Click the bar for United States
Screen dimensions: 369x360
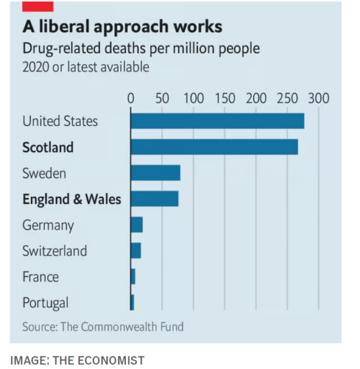coord(217,121)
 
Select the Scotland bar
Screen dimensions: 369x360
coord(214,147)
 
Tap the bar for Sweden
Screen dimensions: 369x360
coord(155,173)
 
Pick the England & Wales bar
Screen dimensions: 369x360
coord(154,199)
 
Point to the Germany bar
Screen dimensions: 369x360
coord(137,225)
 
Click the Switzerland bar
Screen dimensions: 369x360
coord(136,250)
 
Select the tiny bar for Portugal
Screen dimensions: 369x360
coord(132,302)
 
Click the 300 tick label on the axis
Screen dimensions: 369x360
coord(319,98)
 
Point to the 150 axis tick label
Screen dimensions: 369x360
coord(224,98)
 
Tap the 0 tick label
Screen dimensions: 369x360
coord(130,98)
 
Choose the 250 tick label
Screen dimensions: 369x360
coord(288,98)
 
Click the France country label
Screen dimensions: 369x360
coord(40,277)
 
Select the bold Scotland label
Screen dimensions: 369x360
coord(48,147)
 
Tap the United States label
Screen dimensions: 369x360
coord(60,121)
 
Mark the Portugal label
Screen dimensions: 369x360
coord(46,303)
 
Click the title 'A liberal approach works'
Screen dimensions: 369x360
coord(122,27)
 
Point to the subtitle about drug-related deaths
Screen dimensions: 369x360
coord(141,49)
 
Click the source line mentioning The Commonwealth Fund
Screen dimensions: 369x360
coord(103,327)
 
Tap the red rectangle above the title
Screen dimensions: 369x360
coord(37,5)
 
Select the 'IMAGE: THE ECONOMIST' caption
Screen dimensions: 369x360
coord(77,360)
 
